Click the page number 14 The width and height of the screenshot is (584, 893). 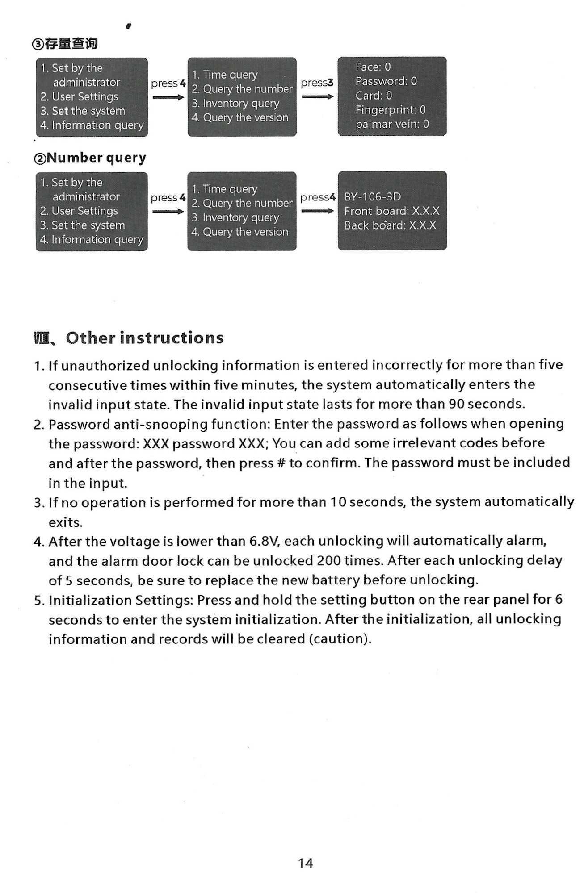(305, 863)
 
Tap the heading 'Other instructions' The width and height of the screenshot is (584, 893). (144, 338)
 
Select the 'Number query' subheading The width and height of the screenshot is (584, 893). (96, 158)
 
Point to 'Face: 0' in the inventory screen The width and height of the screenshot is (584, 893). (373, 67)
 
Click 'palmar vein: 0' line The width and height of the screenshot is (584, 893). (392, 124)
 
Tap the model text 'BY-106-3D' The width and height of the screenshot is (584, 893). (372, 197)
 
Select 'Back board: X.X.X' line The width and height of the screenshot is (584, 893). (390, 225)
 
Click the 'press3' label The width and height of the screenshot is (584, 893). (317, 83)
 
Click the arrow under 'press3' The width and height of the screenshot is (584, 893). (317, 96)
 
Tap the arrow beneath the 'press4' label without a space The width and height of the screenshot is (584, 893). (317, 211)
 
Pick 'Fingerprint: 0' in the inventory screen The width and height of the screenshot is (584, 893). (390, 110)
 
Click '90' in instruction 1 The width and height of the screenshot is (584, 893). (457, 404)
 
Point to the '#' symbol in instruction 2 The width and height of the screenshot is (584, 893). (281, 463)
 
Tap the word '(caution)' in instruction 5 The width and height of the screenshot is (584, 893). (340, 639)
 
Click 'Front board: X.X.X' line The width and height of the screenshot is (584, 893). (391, 211)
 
